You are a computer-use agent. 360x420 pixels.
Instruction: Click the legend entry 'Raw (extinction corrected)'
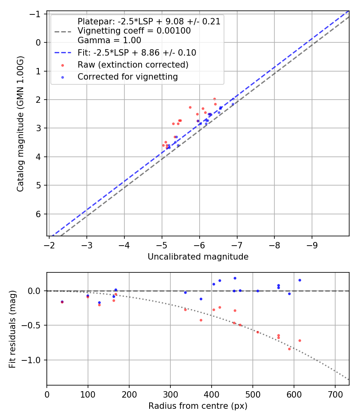(x=133, y=64)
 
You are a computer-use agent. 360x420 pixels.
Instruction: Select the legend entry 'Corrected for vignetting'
(x=128, y=77)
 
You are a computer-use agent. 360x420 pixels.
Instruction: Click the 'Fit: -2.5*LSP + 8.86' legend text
(x=137, y=52)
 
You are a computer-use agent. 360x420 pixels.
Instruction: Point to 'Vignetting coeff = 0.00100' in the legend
(x=134, y=31)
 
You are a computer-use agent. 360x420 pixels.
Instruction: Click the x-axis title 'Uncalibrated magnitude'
(x=198, y=257)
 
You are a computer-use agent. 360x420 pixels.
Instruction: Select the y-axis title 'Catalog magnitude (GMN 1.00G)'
(x=20, y=123)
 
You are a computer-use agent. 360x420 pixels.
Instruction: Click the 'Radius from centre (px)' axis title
(x=198, y=406)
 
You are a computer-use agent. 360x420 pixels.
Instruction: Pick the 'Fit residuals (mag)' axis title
(x=12, y=329)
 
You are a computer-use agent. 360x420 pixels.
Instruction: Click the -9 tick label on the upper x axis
(x=312, y=244)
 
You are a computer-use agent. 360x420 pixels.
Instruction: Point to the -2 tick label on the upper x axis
(x=49, y=244)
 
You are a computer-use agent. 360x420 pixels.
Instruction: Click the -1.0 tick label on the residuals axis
(x=34, y=360)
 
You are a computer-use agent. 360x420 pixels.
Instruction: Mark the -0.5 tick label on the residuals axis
(x=34, y=326)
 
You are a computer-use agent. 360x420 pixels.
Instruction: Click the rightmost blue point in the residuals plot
(x=300, y=280)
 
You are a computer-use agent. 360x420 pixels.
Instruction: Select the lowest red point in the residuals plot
(x=289, y=349)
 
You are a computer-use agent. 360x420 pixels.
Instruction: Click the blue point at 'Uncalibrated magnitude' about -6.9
(x=233, y=104)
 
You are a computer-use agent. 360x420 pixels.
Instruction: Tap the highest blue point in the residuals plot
(x=235, y=278)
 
